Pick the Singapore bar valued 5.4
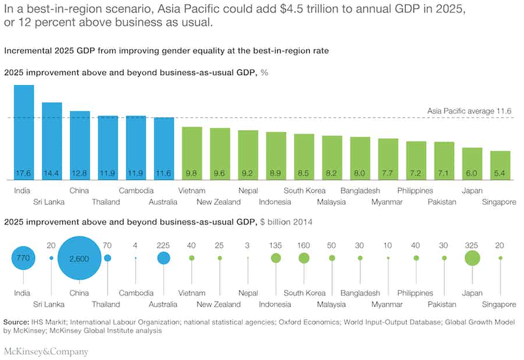click(500, 165)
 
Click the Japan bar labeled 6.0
click(472, 164)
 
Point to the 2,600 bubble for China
click(79, 258)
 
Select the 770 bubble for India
click(23, 258)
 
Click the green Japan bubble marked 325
click(472, 258)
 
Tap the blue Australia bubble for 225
click(164, 258)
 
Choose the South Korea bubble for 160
click(304, 258)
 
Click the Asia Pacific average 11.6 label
click(469, 111)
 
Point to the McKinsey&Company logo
click(46, 351)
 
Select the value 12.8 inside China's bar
click(80, 174)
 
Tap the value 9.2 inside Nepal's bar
click(248, 174)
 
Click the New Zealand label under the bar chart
click(218, 202)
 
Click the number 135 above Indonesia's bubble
click(275, 245)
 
